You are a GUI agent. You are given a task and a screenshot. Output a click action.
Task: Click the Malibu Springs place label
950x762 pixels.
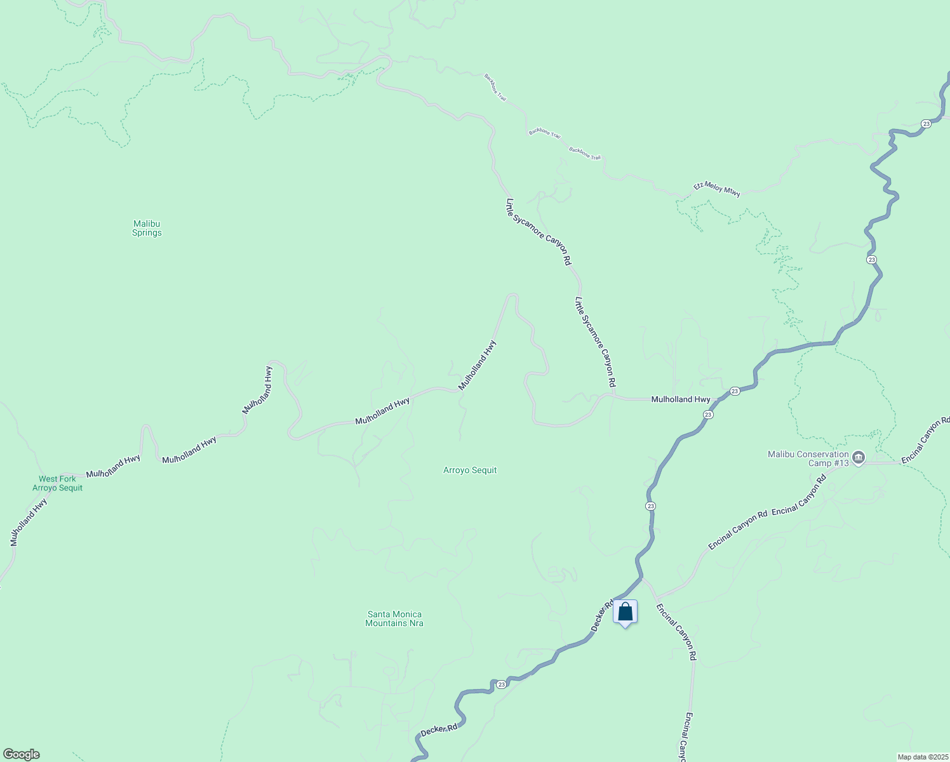(x=147, y=228)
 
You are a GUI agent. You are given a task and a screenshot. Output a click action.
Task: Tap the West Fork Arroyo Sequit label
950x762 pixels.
(x=57, y=483)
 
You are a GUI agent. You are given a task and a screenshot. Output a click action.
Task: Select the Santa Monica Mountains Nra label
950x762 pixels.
(x=394, y=618)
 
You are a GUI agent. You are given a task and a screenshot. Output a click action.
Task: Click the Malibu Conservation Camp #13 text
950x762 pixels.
(x=808, y=458)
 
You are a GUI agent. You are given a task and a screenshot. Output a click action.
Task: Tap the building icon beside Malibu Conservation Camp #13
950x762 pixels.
(x=859, y=457)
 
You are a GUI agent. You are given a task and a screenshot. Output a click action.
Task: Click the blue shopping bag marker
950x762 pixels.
(x=625, y=612)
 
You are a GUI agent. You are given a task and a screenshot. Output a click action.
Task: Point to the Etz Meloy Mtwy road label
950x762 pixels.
(x=717, y=189)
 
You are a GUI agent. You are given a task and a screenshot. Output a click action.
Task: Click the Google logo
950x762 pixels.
(x=21, y=754)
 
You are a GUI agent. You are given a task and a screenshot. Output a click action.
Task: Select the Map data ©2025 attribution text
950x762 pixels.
(x=922, y=757)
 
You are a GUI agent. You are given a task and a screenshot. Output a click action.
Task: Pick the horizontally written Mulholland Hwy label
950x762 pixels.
(x=681, y=399)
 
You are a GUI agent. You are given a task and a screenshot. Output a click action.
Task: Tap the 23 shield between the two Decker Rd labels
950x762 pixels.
(x=502, y=684)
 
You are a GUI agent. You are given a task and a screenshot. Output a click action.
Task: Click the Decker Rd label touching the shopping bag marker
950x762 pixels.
(x=601, y=615)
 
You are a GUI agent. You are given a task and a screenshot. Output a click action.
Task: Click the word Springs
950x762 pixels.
(x=147, y=233)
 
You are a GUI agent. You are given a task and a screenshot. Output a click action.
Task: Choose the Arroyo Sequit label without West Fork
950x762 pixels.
(x=470, y=471)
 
